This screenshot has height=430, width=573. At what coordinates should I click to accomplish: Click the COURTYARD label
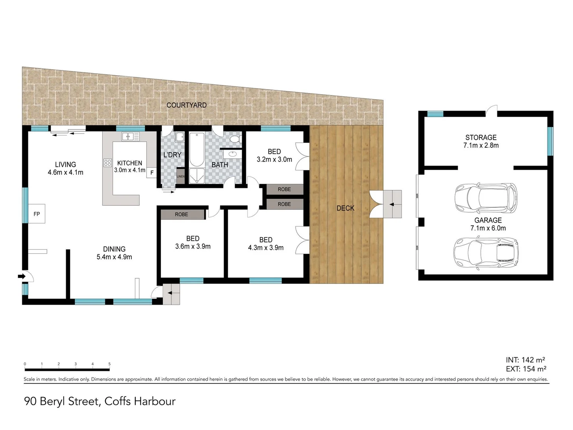point(186,105)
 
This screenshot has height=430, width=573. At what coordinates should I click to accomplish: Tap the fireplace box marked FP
point(37,214)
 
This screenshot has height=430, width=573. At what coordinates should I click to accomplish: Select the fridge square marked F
point(152,173)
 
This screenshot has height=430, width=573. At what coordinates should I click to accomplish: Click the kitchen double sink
point(130,137)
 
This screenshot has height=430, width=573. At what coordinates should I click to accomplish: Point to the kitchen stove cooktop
point(108,162)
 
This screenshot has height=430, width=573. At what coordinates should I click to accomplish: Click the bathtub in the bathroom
point(197,149)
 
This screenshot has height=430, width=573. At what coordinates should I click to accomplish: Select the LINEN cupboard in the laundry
point(181,176)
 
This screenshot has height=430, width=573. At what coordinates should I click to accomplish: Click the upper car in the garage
point(486,197)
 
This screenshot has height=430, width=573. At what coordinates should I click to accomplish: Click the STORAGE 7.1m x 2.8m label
point(481,141)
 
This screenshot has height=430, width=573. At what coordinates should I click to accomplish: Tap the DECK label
point(345,208)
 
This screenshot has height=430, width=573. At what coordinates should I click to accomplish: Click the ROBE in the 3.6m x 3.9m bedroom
point(182,214)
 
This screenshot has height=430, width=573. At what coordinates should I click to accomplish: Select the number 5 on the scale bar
point(109,364)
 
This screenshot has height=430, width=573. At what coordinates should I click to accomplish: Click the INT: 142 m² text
point(525,360)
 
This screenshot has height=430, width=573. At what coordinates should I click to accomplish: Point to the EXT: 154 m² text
point(526,369)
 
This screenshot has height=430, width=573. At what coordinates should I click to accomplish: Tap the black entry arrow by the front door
point(21,276)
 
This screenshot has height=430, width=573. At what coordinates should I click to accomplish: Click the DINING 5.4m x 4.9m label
point(114,253)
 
